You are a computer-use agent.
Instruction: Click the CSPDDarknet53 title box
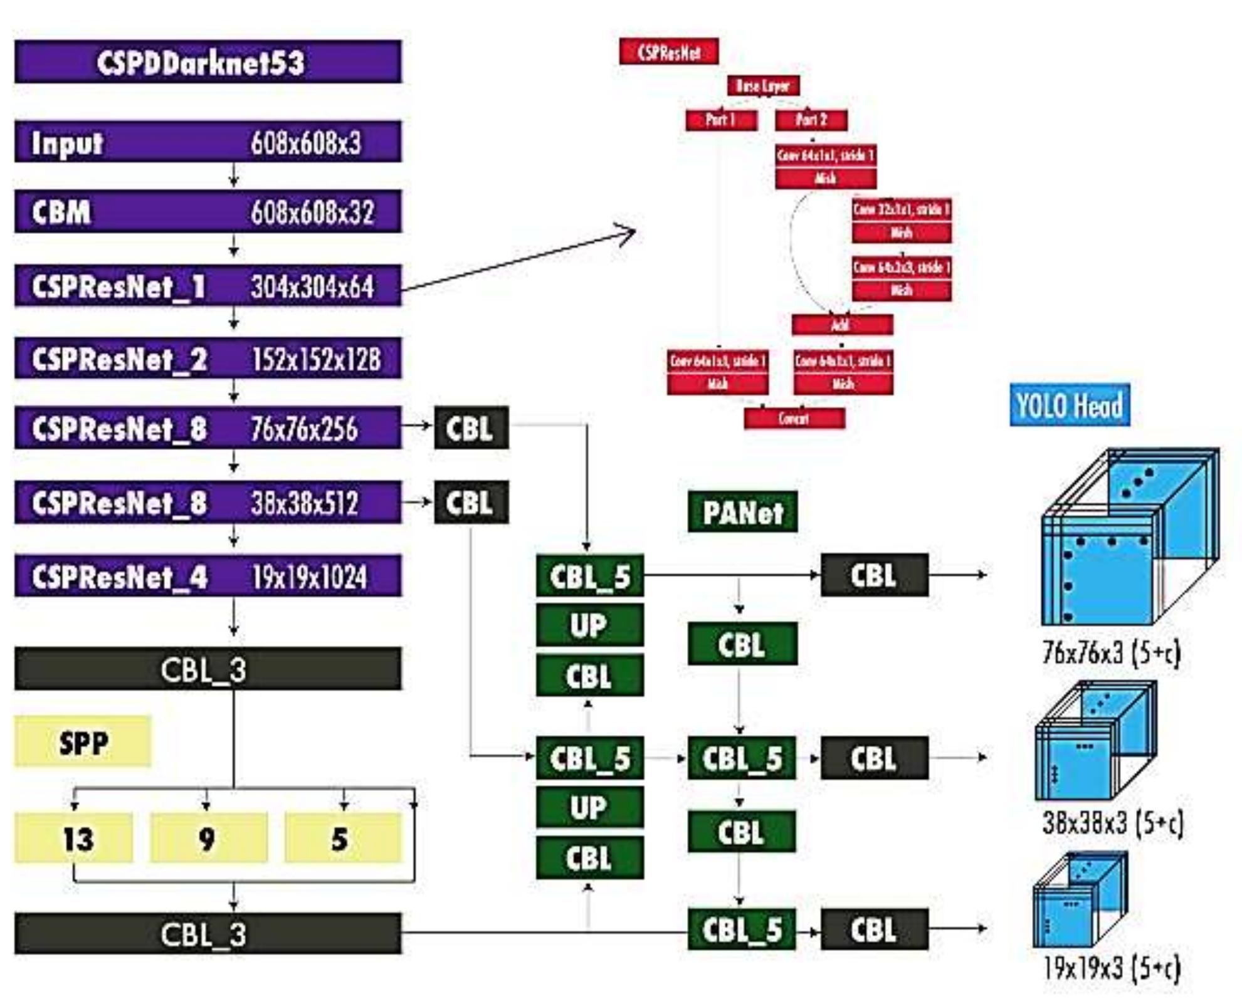tap(208, 62)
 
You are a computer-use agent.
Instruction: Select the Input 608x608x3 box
tap(208, 142)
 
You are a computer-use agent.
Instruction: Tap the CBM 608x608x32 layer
tap(208, 212)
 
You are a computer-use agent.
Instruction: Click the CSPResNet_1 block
tap(208, 286)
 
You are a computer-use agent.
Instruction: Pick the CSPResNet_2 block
tap(208, 358)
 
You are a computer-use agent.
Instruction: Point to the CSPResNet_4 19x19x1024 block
tap(208, 576)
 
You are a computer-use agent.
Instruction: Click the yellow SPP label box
tap(83, 741)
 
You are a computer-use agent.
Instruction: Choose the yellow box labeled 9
tap(208, 838)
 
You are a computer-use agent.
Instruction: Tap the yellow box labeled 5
tap(342, 838)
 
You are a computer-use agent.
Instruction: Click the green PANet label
tap(742, 512)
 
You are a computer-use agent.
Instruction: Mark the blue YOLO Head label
tap(1070, 405)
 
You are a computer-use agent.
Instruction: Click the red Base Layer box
tap(763, 86)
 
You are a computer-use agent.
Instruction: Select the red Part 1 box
tap(721, 120)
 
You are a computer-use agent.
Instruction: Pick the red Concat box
tap(794, 418)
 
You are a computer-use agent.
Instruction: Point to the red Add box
tap(841, 325)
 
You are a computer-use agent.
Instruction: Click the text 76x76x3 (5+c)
tap(1111, 653)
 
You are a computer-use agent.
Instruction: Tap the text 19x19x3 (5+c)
tap(1111, 967)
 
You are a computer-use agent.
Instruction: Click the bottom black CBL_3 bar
tap(208, 933)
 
